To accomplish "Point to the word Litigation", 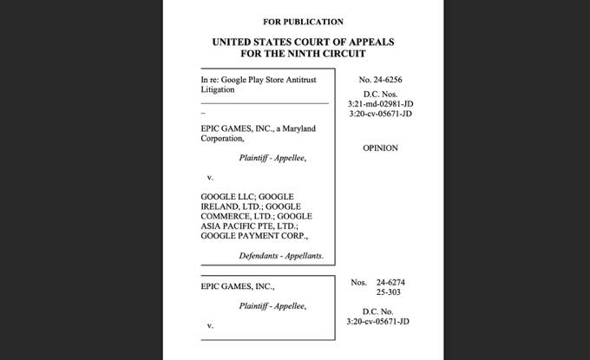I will tap(218, 89).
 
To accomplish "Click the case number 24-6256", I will tap(386, 80).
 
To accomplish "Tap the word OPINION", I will tap(380, 148).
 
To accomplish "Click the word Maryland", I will tap(298, 128).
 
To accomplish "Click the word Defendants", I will tap(262, 256).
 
